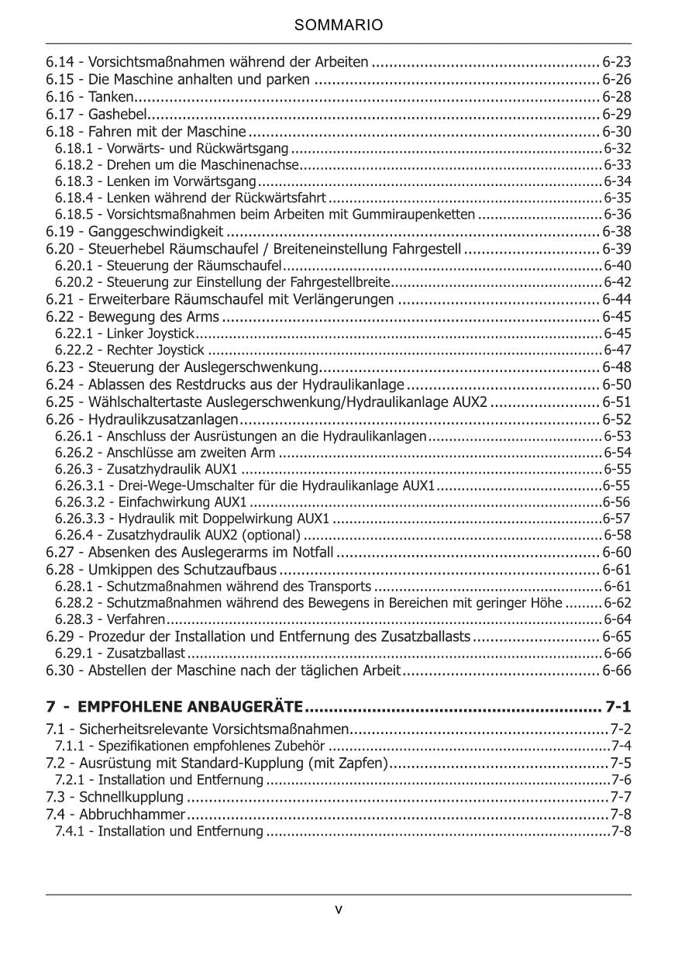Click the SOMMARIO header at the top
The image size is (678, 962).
[339, 26]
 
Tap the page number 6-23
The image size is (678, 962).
[617, 61]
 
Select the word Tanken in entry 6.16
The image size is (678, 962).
[111, 97]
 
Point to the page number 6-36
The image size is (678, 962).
[618, 214]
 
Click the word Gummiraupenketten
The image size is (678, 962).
[425, 214]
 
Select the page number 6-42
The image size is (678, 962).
[618, 281]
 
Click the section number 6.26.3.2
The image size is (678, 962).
[81, 502]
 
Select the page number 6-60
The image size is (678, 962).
[617, 553]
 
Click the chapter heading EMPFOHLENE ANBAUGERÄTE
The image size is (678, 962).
[191, 706]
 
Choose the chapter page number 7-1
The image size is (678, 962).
[618, 706]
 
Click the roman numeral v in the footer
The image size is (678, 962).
[339, 909]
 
